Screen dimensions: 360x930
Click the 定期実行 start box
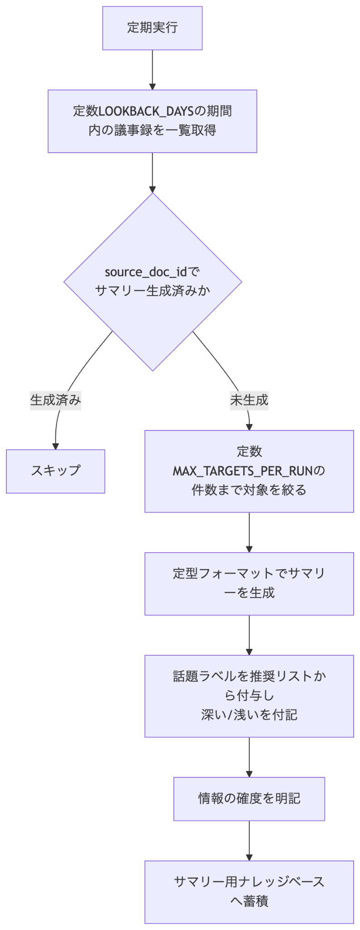[x=152, y=28]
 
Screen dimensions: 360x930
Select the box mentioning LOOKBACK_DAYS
[x=152, y=121]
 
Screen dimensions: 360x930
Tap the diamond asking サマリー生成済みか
[x=153, y=282]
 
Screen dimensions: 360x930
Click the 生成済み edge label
[x=55, y=400]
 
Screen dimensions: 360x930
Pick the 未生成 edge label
[x=249, y=400]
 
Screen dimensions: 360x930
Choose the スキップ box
[x=55, y=471]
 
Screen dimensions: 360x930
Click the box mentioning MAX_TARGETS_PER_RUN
[x=249, y=471]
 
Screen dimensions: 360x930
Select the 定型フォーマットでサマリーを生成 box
[x=249, y=584]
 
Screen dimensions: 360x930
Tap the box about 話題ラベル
[x=249, y=696]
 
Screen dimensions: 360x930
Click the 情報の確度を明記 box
[x=249, y=799]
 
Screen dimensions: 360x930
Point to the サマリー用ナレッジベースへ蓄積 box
[x=249, y=892]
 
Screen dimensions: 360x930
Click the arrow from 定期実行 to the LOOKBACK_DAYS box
[x=153, y=70]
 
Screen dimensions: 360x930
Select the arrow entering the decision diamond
[x=153, y=173]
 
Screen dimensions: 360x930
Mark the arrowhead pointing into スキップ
[x=55, y=446]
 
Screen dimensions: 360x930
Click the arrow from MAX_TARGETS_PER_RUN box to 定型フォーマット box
[x=249, y=532]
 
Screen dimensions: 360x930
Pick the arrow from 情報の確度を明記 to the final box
[x=249, y=841]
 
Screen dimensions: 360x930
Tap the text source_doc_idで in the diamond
[x=152, y=272]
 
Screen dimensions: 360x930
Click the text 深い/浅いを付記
[x=249, y=715]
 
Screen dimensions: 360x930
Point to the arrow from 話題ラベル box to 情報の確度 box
[x=249, y=757]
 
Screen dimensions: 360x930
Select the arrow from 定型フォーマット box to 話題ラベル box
[x=249, y=635]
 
